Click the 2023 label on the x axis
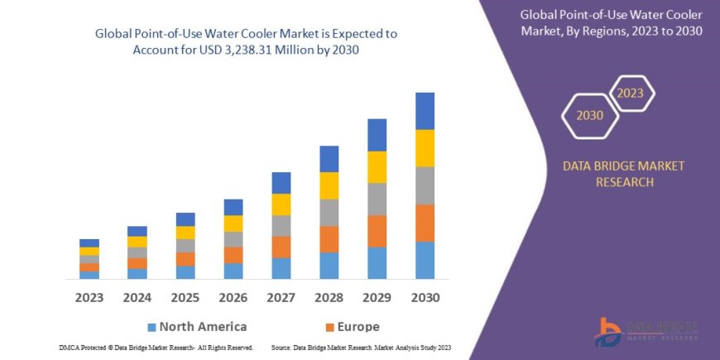pos(89,297)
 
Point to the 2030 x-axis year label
pos(425,297)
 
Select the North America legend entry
pos(196,326)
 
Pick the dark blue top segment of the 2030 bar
pos(425,111)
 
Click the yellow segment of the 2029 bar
pos(377,167)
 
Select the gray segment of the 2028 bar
pos(329,213)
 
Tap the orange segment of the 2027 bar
pos(281,247)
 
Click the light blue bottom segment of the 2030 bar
pos(425,260)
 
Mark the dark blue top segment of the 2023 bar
pos(89,242)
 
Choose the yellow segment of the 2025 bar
pos(185,233)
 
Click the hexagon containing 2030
pos(590,116)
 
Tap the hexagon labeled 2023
pos(630,93)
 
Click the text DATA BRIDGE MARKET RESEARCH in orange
pos(624,174)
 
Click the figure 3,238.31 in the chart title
pos(270,50)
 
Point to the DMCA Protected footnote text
pos(156,348)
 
